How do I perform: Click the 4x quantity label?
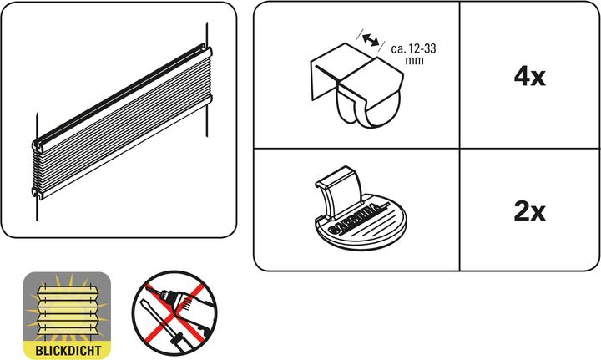click(x=529, y=77)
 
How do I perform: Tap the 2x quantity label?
click(x=529, y=211)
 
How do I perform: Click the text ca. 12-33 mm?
click(x=413, y=54)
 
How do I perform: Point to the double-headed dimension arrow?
click(x=371, y=40)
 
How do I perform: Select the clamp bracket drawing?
click(x=356, y=85)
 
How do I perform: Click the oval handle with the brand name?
click(x=361, y=222)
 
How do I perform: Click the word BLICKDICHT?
click(x=68, y=351)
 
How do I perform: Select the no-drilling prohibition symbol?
click(x=174, y=313)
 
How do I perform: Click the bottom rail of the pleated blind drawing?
click(x=123, y=148)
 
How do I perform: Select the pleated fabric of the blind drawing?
click(x=122, y=123)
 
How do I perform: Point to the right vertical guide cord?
click(x=207, y=79)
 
